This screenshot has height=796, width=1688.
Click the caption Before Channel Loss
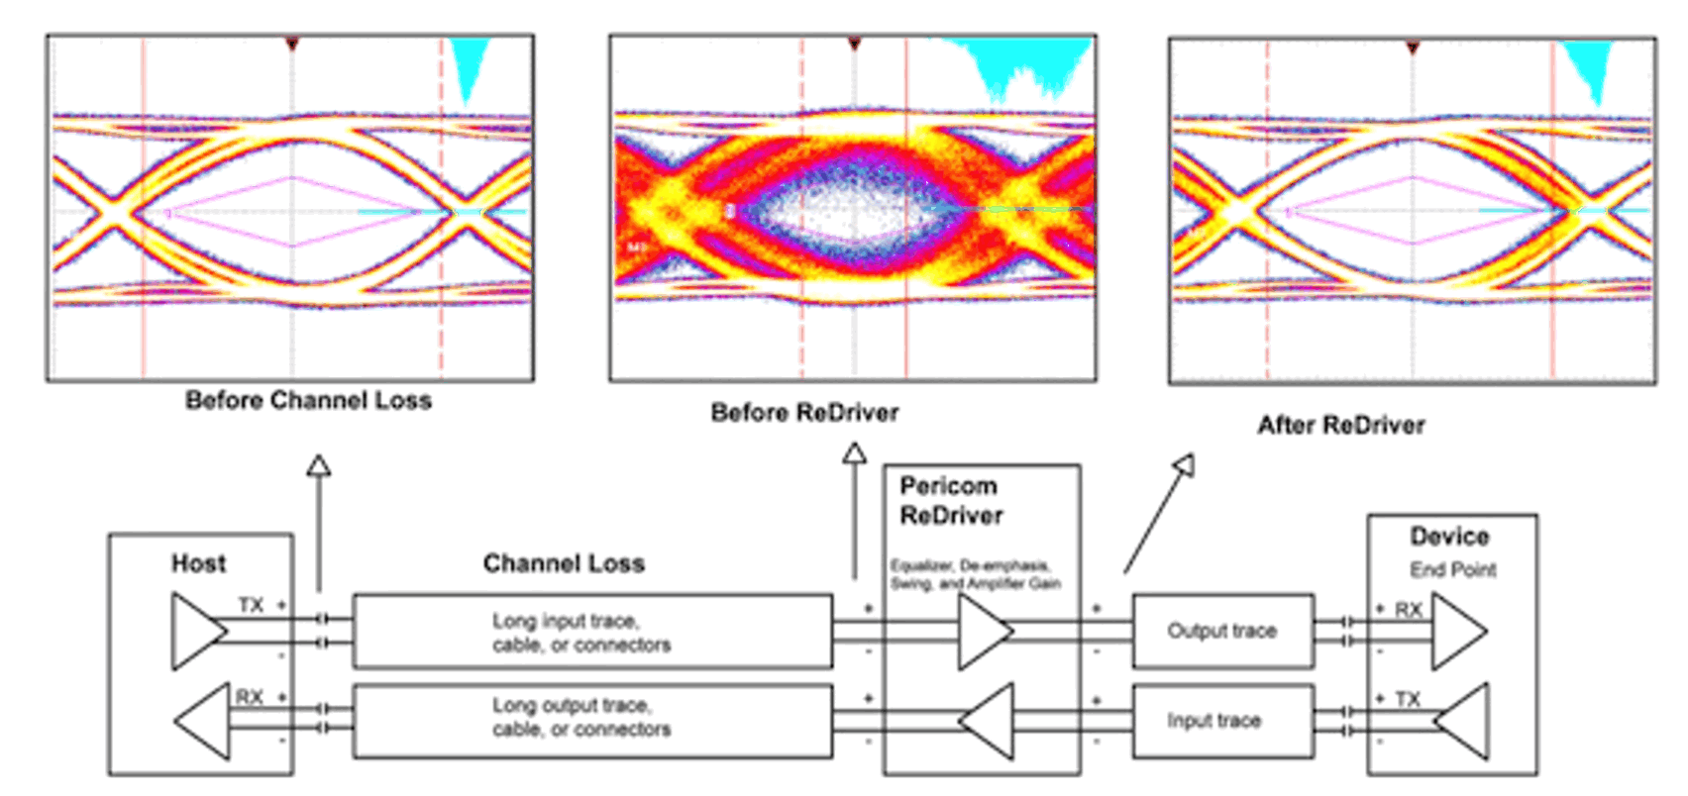pos(308,401)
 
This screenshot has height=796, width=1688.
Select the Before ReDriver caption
pos(804,413)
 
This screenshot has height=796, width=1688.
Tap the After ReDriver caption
pos(1340,426)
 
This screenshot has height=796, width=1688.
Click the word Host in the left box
pos(198,563)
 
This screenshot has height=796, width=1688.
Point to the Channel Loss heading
pos(564,563)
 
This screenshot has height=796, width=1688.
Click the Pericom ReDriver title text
pos(950,501)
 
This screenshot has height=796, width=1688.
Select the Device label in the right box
pos(1449,537)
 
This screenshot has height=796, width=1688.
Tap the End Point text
pos(1452,570)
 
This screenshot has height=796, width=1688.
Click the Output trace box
pos(1222,631)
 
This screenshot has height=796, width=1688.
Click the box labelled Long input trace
pos(592,632)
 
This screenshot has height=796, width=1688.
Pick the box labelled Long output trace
pos(592,718)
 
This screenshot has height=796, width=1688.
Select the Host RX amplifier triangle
pos(206,720)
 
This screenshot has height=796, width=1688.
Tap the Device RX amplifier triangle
pos(1457,631)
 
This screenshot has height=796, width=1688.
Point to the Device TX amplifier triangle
pos(1465,721)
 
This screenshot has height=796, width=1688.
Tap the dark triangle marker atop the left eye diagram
pos(291,45)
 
